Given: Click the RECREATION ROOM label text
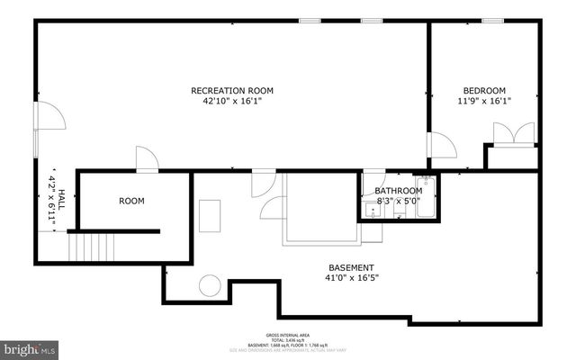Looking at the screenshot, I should (x=231, y=91).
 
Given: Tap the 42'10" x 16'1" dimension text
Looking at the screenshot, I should (x=231, y=102).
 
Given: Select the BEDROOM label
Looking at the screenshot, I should (x=484, y=91).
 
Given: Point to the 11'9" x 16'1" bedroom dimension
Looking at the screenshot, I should (x=484, y=102).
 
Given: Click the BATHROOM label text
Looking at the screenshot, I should (x=398, y=191).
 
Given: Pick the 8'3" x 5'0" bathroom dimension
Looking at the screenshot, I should (x=398, y=202).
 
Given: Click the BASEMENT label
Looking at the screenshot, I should (x=351, y=267).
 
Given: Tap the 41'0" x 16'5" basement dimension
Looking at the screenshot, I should (x=351, y=278).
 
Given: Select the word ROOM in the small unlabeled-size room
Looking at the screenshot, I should (x=131, y=201).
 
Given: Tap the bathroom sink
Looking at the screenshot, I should (x=373, y=213).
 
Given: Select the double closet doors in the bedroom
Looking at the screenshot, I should (x=503, y=134).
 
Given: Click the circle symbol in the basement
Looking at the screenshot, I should (x=210, y=286).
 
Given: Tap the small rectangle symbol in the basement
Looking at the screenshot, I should (x=211, y=216).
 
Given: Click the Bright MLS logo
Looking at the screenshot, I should (x=29, y=347).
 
